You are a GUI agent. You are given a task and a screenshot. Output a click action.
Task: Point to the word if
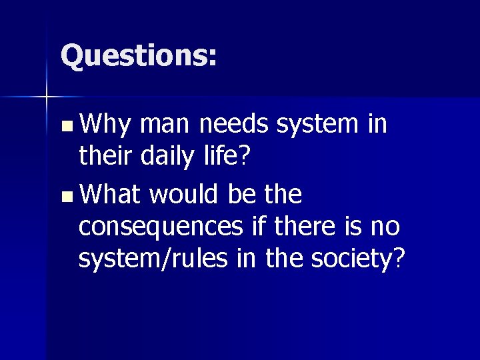click(x=255, y=227)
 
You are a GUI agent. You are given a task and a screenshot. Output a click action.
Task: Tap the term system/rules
click(x=157, y=259)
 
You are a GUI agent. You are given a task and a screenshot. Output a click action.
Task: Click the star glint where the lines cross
click(x=47, y=97)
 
